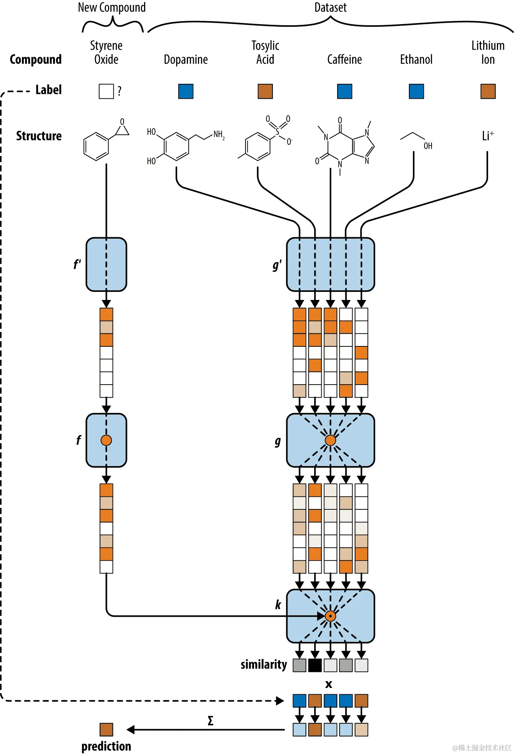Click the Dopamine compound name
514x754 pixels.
pos(186,59)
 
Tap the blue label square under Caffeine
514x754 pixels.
pos(344,91)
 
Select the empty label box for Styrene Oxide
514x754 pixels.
pos(106,91)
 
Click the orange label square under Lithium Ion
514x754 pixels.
pos(488,91)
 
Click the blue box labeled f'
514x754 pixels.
pos(106,264)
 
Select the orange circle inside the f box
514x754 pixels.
pos(106,440)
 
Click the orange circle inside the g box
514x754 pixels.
pos(330,440)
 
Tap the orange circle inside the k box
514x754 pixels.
pos(330,616)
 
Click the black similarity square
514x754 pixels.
pos(315,665)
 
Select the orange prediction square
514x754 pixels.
pos(106,729)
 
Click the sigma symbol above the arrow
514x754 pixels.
pos(211,721)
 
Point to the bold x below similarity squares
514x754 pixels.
pos(329,684)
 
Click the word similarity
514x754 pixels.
pos(264,665)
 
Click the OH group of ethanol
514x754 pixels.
pos(428,146)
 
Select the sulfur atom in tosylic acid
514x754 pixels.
pos(277,132)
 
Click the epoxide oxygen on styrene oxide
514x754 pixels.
pos(122,122)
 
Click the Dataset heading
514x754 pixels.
pos(330,7)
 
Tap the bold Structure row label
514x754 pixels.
pos(39,136)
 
